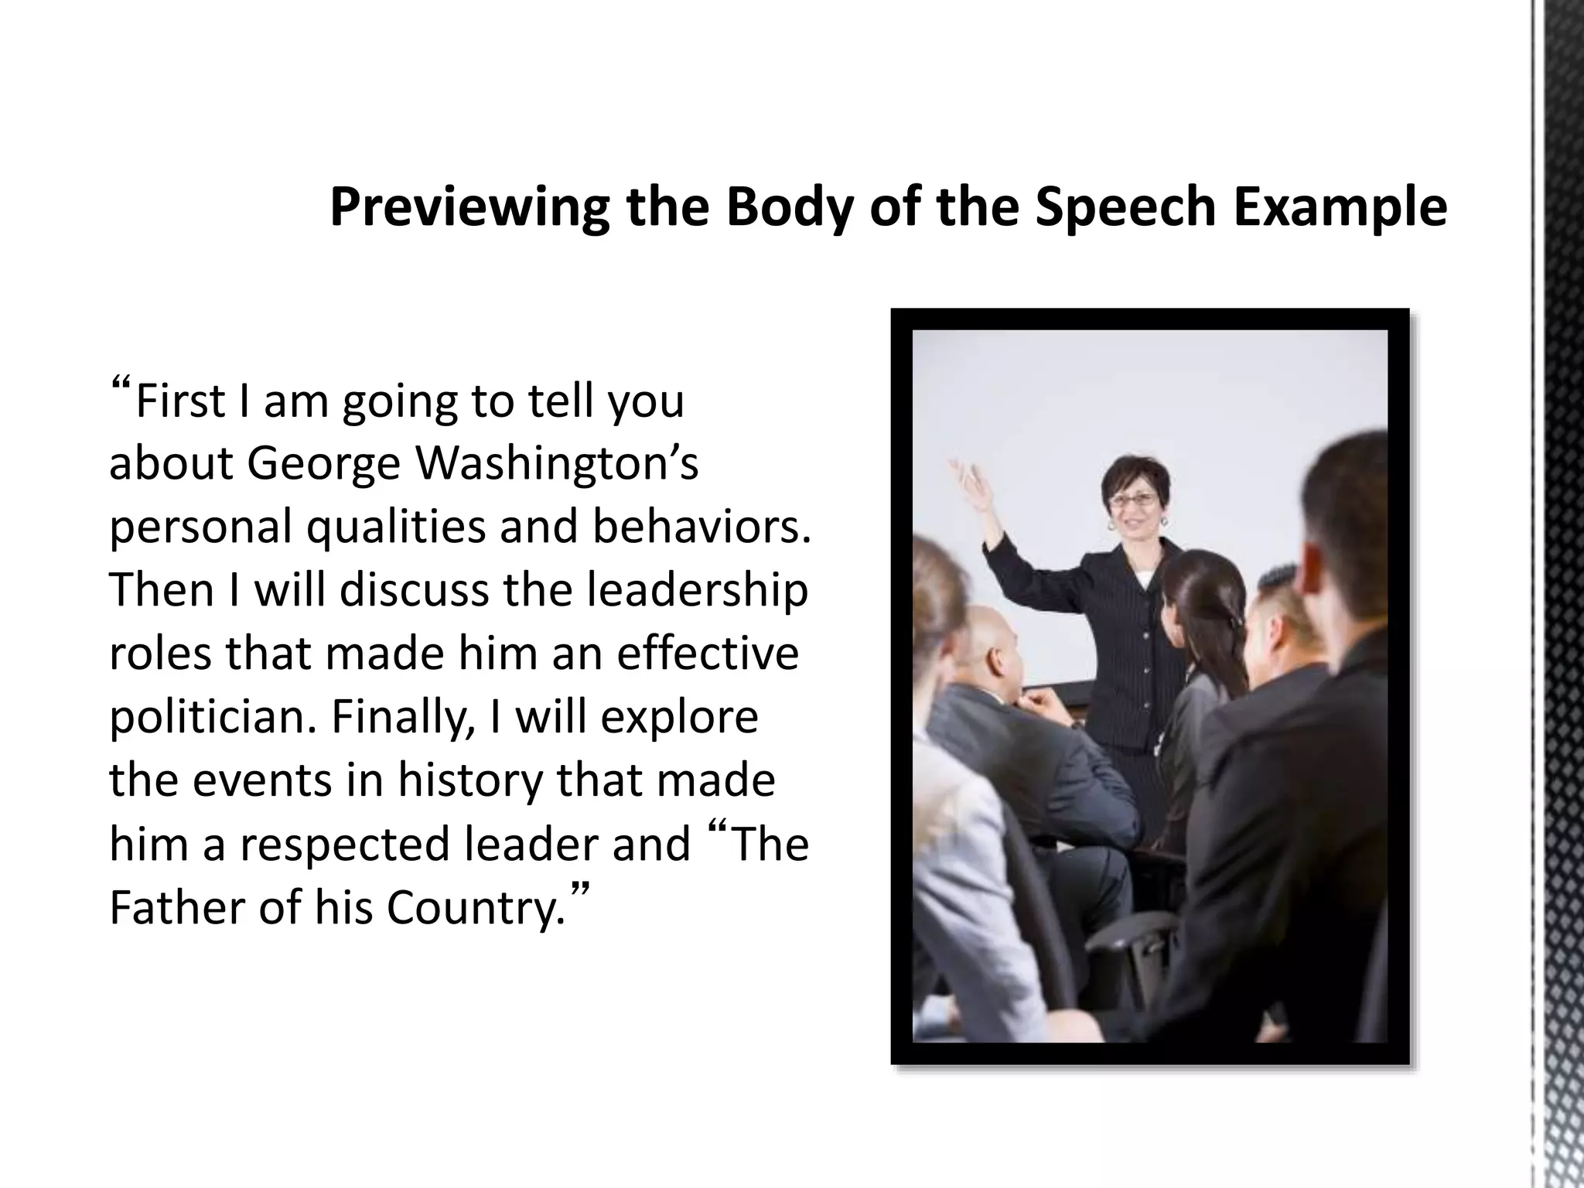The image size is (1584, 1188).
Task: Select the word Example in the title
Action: click(1340, 207)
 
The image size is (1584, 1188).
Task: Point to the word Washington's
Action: click(557, 464)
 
